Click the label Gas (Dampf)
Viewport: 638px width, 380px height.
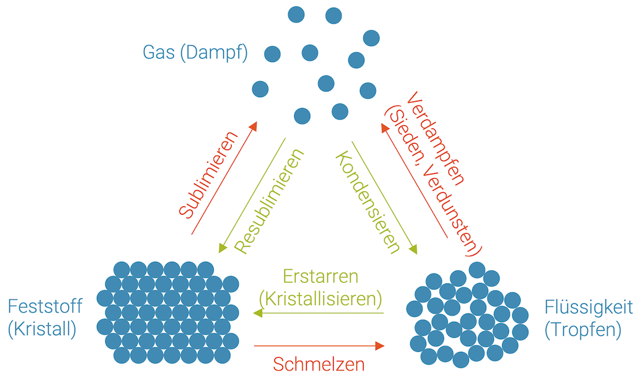(195, 52)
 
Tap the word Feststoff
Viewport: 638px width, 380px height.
(45, 306)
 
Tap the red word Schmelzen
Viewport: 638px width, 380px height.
(319, 364)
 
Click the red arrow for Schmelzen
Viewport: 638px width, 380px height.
(319, 346)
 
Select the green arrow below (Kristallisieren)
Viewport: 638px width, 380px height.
(319, 313)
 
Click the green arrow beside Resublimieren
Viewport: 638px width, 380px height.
(252, 195)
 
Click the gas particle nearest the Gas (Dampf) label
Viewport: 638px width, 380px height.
(272, 54)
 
